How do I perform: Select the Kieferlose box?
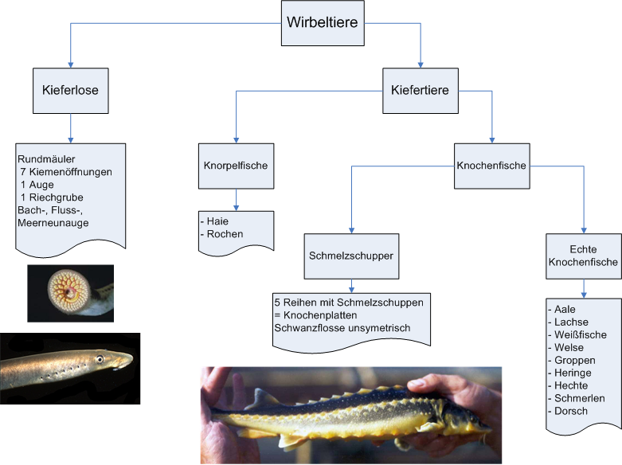tap(71, 90)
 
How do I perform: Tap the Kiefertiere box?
tap(421, 90)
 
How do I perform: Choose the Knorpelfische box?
tap(235, 166)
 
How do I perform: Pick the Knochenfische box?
tap(491, 166)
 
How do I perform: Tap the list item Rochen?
tap(224, 234)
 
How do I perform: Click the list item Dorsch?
tap(569, 411)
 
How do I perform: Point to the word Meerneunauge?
tap(54, 222)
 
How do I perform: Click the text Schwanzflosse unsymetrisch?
tap(342, 327)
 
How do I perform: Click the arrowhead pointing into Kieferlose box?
tap(71, 66)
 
